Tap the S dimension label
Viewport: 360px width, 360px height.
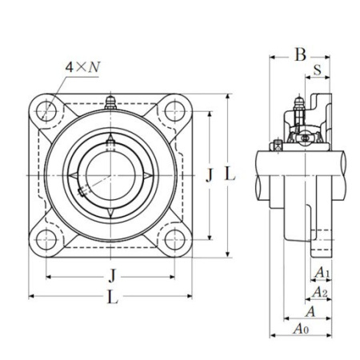[318, 70]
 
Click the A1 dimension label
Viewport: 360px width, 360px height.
[322, 273]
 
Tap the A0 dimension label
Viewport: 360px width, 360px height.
[302, 328]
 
